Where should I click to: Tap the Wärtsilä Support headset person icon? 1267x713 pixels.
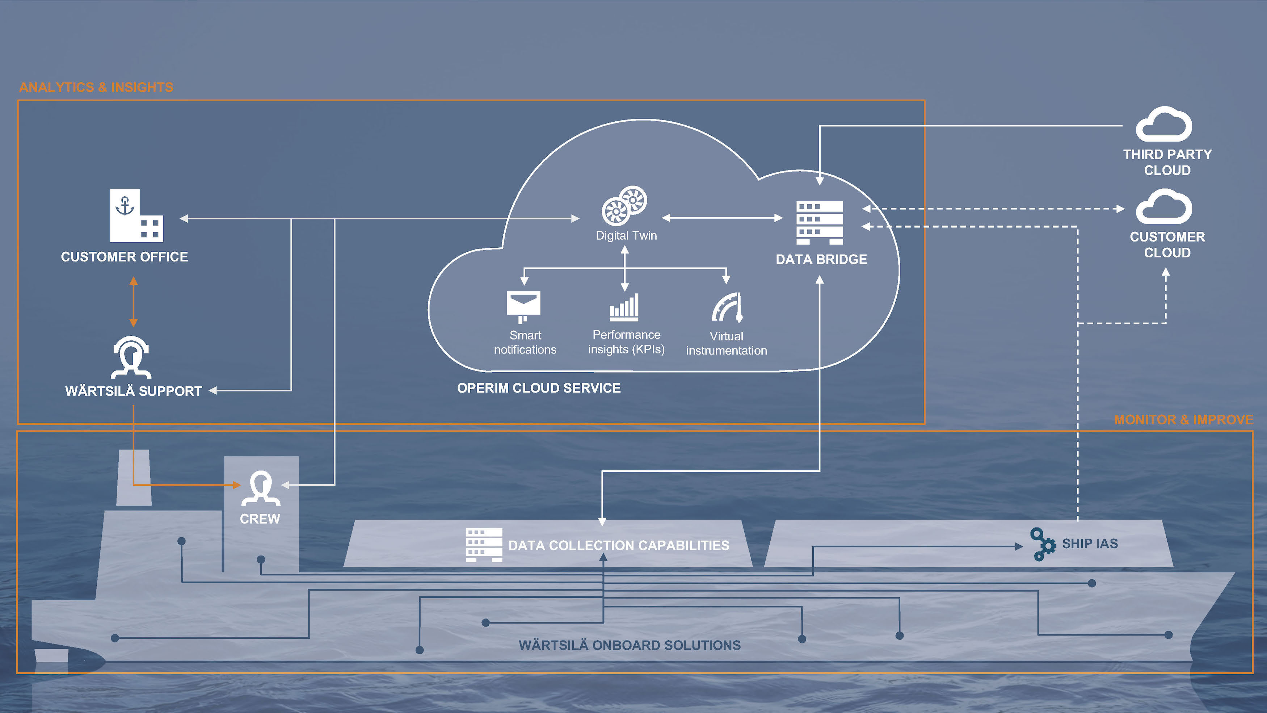(x=131, y=357)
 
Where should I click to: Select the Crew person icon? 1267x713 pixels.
(x=261, y=488)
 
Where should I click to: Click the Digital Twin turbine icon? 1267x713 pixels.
(x=624, y=206)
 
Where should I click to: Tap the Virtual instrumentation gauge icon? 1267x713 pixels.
(x=727, y=307)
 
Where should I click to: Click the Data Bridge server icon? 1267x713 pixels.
(x=820, y=222)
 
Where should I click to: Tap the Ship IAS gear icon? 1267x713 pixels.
(x=1043, y=544)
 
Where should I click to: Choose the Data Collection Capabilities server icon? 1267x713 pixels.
(x=484, y=545)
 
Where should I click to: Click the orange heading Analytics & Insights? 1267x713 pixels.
(x=96, y=87)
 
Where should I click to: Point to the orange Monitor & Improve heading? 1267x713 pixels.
(x=1183, y=420)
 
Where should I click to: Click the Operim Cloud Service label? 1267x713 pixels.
(x=539, y=388)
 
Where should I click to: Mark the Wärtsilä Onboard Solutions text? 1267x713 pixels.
(x=630, y=645)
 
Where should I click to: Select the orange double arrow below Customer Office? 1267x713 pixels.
(x=133, y=302)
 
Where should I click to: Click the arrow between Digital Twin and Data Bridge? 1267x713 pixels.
(x=722, y=218)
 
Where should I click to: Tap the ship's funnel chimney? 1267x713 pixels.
(x=134, y=477)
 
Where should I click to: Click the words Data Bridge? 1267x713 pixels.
(x=821, y=259)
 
